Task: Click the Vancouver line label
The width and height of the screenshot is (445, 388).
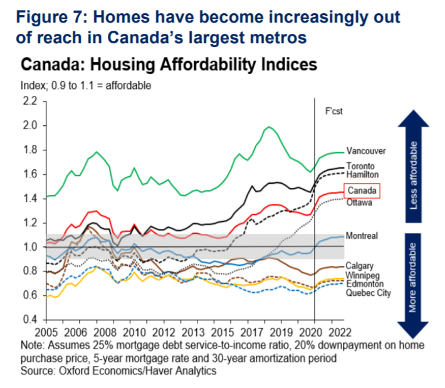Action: tap(366, 151)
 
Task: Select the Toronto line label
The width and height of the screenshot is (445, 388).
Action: tap(361, 166)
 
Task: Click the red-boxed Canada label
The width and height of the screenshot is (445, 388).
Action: tap(362, 190)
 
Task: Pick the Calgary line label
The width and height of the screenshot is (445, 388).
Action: tap(360, 266)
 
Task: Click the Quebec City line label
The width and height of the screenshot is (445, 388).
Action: tap(367, 292)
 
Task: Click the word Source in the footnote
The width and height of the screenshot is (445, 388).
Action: tap(34, 371)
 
